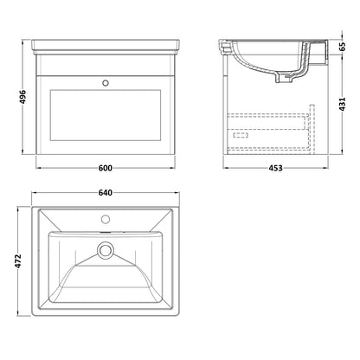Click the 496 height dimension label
pyautogui.click(x=23, y=97)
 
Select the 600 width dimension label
pyautogui.click(x=106, y=168)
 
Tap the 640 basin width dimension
pyautogui.click(x=106, y=193)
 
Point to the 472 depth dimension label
pyautogui.click(x=18, y=261)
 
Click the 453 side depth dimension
pyautogui.click(x=275, y=168)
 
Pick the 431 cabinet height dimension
pyautogui.click(x=342, y=104)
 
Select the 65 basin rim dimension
pyautogui.click(x=342, y=46)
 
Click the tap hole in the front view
pyautogui.click(x=106, y=83)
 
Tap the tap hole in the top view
pyautogui.click(x=106, y=219)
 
